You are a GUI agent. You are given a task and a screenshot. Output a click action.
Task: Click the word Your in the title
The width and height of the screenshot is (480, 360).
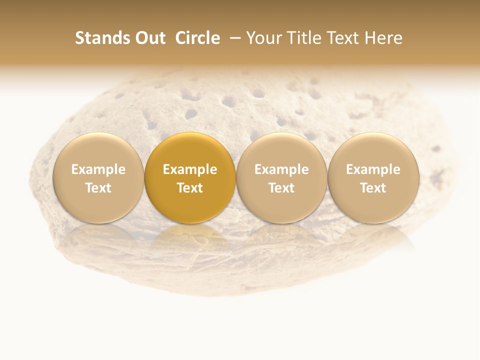[x=263, y=38]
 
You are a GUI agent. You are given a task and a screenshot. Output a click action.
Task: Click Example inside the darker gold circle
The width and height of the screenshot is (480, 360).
[x=190, y=169]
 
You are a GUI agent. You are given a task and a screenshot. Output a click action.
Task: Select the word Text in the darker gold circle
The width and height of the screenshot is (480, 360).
[x=190, y=188]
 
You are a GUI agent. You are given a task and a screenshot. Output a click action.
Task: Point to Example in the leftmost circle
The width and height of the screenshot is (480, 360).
[x=98, y=169]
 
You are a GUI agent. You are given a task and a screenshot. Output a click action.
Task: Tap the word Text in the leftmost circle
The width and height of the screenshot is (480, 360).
[x=98, y=188]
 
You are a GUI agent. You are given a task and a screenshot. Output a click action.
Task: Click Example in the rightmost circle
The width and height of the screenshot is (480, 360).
[x=373, y=169]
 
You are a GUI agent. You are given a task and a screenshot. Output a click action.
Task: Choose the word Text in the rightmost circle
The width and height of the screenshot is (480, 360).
[x=373, y=188]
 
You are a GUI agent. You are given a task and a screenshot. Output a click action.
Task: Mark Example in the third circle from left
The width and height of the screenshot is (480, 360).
[x=281, y=169]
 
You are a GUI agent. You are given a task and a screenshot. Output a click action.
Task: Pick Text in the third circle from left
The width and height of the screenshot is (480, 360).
[x=281, y=188]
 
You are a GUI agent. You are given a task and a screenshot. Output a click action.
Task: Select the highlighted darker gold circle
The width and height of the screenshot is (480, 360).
[x=190, y=150]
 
